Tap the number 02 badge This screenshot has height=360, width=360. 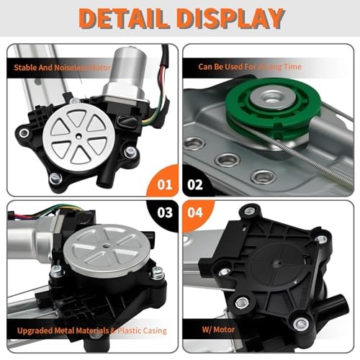point(196,184)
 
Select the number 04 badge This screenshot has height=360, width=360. point(196,214)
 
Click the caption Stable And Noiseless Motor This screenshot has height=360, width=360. point(63,68)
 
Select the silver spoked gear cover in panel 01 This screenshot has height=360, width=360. point(76,134)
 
